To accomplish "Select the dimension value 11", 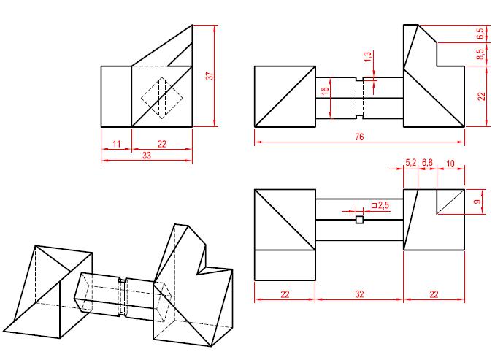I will click(115, 144).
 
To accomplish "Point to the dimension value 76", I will click(358, 137).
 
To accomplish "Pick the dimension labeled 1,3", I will click(367, 56).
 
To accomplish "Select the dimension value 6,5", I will click(480, 34).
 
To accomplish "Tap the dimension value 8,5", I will click(480, 55).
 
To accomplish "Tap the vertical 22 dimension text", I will click(480, 96).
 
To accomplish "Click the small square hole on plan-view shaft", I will click(358, 219).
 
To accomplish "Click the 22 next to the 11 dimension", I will click(161, 144).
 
